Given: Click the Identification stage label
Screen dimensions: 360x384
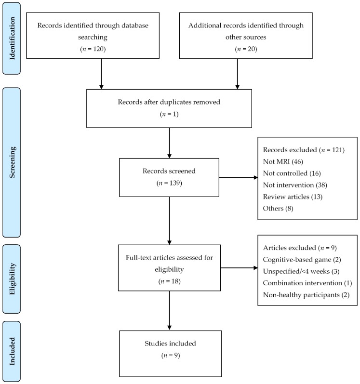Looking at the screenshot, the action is click(x=12, y=39).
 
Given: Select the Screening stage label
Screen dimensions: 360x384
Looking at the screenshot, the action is click(x=12, y=162).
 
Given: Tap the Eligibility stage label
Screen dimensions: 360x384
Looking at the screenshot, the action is click(x=12, y=279).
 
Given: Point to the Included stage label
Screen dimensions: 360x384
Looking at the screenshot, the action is click(x=12, y=351).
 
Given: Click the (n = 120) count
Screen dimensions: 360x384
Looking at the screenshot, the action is click(x=93, y=49).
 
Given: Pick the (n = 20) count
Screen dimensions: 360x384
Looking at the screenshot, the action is click(x=246, y=49).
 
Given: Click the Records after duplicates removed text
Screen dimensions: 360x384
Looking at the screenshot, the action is click(x=169, y=102).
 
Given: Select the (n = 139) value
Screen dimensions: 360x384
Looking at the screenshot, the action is click(x=169, y=183).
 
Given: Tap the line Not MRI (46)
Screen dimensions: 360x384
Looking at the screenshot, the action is click(x=283, y=161).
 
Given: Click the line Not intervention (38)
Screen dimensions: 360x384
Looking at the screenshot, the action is click(x=295, y=185).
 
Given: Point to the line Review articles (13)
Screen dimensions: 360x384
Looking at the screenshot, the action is click(x=293, y=197).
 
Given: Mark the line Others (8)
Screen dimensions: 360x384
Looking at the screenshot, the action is click(x=278, y=209).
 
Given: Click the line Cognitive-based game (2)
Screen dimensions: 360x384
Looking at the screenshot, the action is click(x=302, y=260).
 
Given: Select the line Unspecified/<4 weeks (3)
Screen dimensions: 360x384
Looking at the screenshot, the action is click(x=301, y=271).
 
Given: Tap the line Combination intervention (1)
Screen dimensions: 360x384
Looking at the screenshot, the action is click(x=307, y=283).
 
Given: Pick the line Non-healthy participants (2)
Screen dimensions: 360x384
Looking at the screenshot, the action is click(x=306, y=295).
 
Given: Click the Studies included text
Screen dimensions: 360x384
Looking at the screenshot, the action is click(x=170, y=344).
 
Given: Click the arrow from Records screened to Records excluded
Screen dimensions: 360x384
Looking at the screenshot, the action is click(x=238, y=178).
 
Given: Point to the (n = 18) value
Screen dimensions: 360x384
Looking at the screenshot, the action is click(x=170, y=281).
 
